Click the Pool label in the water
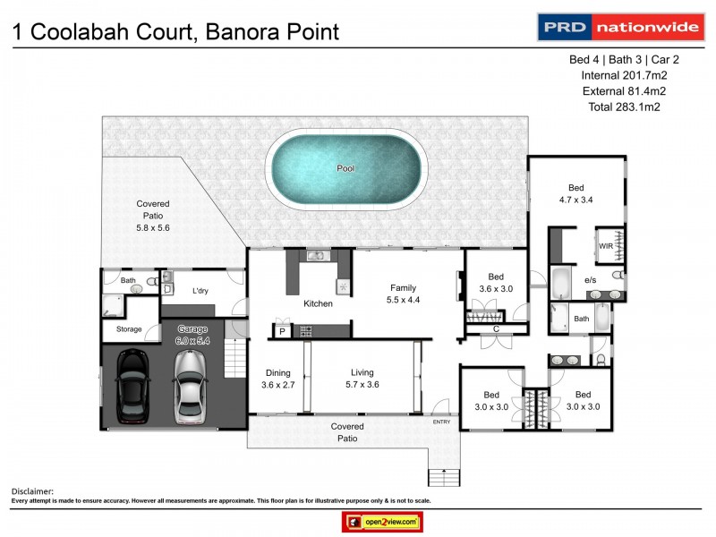(x=345, y=168)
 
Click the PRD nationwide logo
(x=618, y=27)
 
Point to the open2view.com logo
(x=382, y=522)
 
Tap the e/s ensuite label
(x=591, y=280)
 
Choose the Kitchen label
(x=318, y=303)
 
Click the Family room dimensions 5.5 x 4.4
(x=403, y=300)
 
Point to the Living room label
(x=362, y=372)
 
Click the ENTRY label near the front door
(x=442, y=422)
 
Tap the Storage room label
(x=129, y=329)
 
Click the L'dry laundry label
(x=200, y=290)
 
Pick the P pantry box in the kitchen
(x=283, y=331)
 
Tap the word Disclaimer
(x=32, y=491)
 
